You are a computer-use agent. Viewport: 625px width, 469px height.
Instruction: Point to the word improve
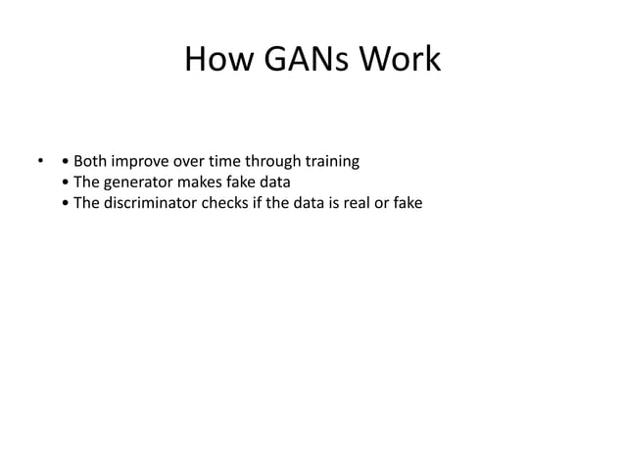pos(148,161)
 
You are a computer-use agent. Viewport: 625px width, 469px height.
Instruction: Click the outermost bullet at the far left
pos(41,160)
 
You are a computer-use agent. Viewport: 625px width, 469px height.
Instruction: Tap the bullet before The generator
pos(65,182)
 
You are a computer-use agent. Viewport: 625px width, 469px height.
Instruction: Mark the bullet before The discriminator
pos(65,204)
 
